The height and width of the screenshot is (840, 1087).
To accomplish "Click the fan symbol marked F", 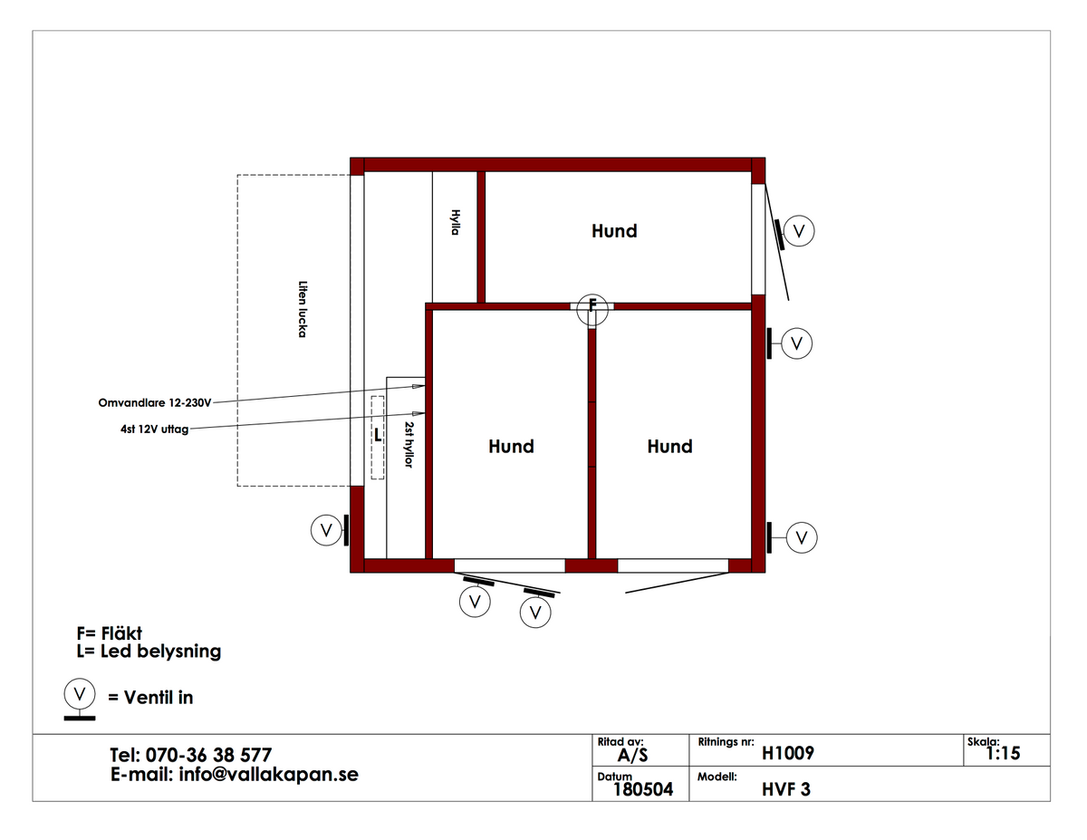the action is (592, 310).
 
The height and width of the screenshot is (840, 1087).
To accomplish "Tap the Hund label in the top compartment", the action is (614, 231).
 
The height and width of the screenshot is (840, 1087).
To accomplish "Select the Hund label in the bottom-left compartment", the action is (511, 446).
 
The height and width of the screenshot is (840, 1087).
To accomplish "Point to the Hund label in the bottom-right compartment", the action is (669, 446).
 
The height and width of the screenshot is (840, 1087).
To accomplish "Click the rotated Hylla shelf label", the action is (456, 223).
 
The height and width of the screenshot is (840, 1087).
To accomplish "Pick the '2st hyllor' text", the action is (409, 445).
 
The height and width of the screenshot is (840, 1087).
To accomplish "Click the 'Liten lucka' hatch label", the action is (303, 309).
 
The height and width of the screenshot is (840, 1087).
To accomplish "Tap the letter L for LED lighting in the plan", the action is (378, 435).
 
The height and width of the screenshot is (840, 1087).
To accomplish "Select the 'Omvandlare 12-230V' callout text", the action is (155, 403).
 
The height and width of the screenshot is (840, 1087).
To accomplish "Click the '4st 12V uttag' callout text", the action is (155, 430).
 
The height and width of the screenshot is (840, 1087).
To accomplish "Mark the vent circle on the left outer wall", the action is (326, 530).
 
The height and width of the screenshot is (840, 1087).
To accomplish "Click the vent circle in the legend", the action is (80, 694).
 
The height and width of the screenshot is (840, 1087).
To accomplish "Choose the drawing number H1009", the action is (788, 753).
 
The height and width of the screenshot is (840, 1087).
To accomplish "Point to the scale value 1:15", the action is (1003, 753).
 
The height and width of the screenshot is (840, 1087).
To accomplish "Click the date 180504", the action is (643, 789).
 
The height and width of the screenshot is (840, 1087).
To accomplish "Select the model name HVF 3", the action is (786, 789).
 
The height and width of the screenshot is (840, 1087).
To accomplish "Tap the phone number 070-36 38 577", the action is (208, 755).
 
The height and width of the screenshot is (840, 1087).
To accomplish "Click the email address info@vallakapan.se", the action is (269, 775).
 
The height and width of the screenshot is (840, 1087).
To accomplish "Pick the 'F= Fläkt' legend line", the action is (110, 633).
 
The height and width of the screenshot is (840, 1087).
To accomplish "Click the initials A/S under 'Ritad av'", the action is (632, 756).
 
